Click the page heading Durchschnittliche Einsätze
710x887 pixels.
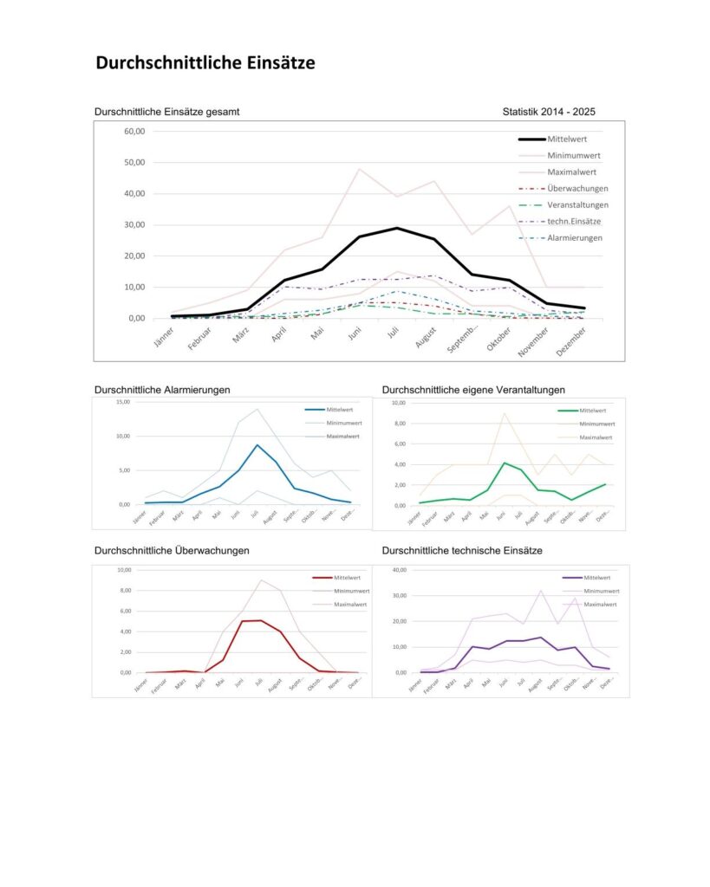tap(205, 63)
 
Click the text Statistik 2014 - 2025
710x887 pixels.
tap(548, 112)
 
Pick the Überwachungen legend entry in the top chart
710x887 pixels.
tap(577, 188)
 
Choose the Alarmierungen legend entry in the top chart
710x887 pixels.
tap(575, 237)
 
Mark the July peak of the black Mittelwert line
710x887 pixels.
tap(396, 228)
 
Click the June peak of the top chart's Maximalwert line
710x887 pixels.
tap(359, 169)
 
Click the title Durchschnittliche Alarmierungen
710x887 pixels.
tap(162, 390)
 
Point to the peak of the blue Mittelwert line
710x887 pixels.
tap(257, 445)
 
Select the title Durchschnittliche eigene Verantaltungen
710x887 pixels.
tap(472, 390)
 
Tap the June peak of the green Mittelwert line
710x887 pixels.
tap(505, 463)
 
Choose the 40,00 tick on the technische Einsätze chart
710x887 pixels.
tap(399, 570)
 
